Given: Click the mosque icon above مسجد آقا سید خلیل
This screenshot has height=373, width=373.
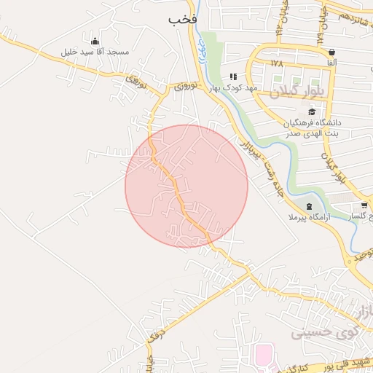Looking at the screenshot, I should pos(95,40).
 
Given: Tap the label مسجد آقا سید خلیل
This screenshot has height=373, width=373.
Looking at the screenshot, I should pos(95,52).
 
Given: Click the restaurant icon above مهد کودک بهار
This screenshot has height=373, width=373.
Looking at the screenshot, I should pos(233,76).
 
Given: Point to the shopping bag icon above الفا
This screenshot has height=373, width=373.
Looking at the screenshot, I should pos(332,52).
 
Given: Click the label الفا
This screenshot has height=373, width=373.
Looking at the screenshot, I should pos(332,64).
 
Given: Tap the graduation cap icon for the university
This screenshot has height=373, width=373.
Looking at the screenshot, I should pos(313,111).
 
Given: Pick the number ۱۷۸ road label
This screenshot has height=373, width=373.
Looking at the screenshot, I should pos(276,64).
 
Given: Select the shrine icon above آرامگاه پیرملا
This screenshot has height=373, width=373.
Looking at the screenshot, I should pos(309,206).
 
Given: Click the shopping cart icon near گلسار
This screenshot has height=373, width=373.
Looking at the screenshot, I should pos(364,206).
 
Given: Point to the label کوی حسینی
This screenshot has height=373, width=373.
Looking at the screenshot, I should pos(316,331).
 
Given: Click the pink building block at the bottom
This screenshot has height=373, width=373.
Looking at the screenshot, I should pos(263,356).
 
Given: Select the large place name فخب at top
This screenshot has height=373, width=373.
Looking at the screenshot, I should pos(183,19).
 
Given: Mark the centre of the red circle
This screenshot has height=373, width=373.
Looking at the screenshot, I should pos(186,186).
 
